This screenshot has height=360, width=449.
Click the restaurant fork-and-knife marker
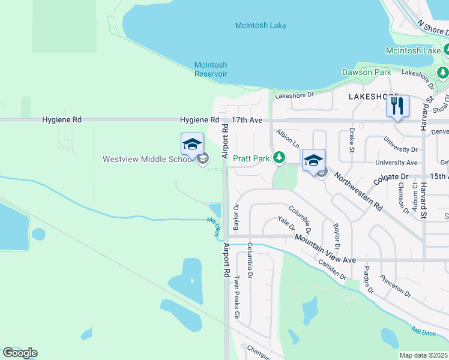tap(397, 107)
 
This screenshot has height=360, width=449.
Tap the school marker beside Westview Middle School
tap(192, 145)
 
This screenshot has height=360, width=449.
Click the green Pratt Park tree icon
tap(279, 158)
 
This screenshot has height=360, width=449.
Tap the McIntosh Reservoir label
tap(211, 69)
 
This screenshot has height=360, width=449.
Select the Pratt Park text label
tap(251, 158)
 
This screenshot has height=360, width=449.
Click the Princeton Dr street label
tap(395, 287)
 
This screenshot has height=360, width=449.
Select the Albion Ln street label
tap(288, 138)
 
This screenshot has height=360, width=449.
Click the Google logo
tap(20, 353)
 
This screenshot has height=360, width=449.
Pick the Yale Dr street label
tap(287, 224)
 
